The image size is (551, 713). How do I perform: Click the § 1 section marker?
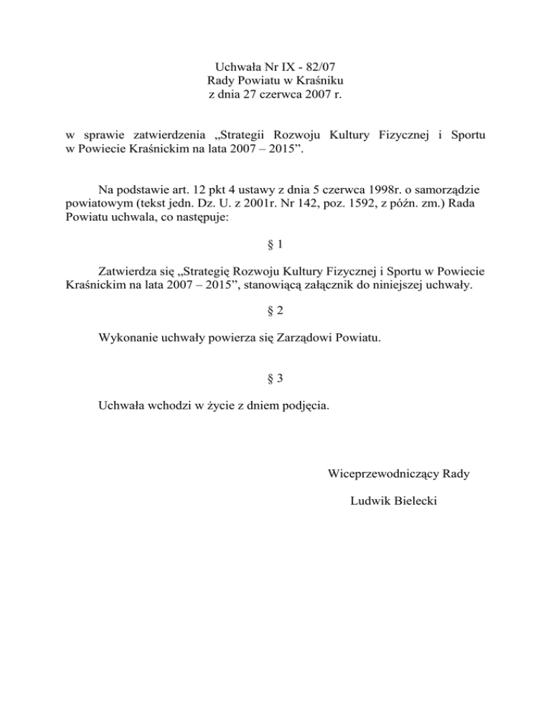275,244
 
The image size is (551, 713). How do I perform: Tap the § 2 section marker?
275,312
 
